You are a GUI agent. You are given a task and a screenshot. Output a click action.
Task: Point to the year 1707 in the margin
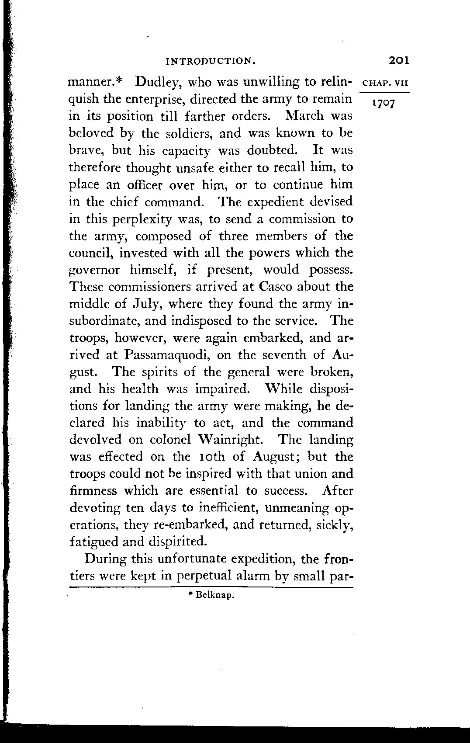pos(383,104)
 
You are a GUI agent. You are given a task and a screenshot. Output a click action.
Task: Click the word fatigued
pos(93,542)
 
